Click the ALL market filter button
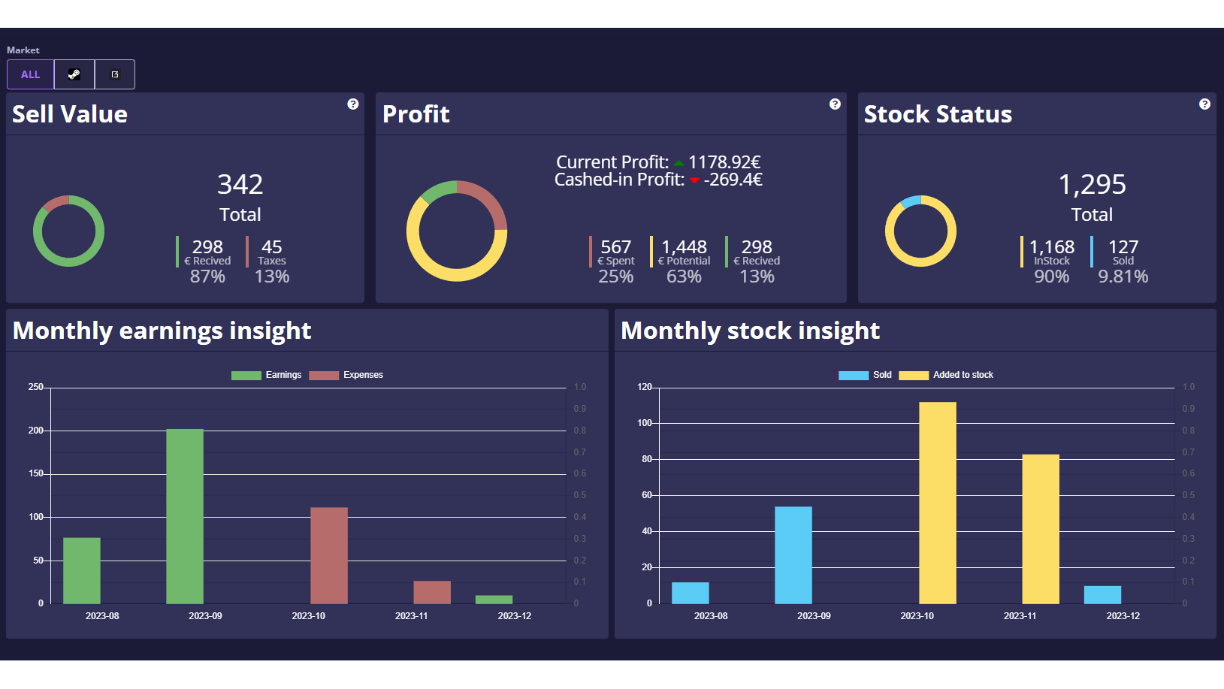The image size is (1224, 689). (x=31, y=74)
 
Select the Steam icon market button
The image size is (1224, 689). (x=74, y=74)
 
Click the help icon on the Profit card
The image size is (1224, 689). (x=835, y=104)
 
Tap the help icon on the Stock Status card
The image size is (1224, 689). (x=1204, y=104)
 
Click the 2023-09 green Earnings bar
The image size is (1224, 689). (x=185, y=516)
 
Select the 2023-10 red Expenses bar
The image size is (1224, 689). (x=329, y=555)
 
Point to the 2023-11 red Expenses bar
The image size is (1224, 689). (x=432, y=592)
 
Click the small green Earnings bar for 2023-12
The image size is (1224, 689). (x=494, y=600)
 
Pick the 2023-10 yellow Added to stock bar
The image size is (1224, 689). (x=938, y=503)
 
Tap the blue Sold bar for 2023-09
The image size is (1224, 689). (x=793, y=555)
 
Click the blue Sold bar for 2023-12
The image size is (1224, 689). (x=1102, y=594)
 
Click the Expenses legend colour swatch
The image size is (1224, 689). (x=324, y=375)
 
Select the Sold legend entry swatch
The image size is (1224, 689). (x=854, y=375)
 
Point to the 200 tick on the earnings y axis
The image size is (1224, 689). (x=36, y=431)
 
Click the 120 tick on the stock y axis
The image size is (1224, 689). (x=645, y=387)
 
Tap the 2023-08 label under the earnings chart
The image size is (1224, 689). (x=102, y=616)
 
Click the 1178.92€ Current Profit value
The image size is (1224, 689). (x=724, y=162)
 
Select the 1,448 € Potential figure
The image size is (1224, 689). (x=684, y=247)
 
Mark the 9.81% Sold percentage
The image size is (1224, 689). (x=1123, y=277)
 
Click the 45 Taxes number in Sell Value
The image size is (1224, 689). (x=271, y=247)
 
